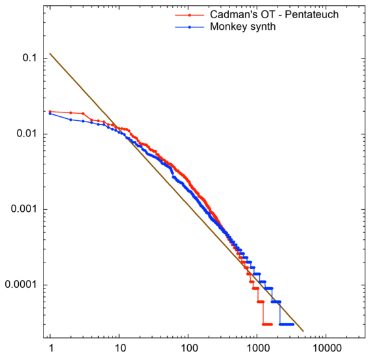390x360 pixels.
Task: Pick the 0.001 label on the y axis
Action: [x=22, y=209]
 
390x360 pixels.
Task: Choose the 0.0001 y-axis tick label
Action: [x=19, y=285]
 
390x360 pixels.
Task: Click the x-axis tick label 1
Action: [x=50, y=349]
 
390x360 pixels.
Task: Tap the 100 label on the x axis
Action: [x=188, y=349]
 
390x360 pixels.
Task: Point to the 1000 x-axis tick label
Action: [x=257, y=349]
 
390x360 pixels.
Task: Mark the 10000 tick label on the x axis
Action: [x=326, y=349]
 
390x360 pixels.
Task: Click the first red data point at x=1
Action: [x=50, y=111]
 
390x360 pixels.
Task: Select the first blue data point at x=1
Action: [x=50, y=114]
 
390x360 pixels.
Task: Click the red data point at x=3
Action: [x=83, y=113]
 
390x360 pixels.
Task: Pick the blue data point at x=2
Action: [x=71, y=120]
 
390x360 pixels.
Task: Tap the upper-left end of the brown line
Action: [x=51, y=54]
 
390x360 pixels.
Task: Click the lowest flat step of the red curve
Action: [x=267, y=324]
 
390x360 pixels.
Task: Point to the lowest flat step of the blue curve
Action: [x=287, y=324]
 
